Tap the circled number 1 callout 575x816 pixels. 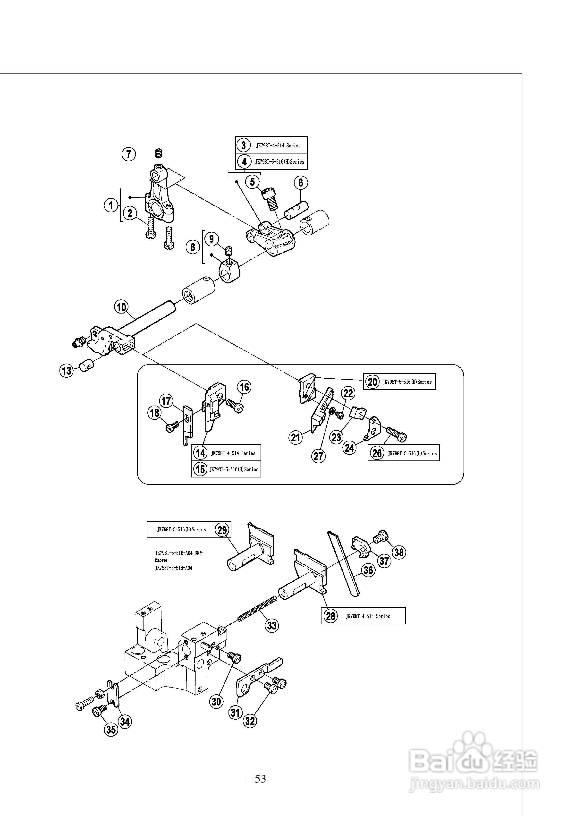point(111,205)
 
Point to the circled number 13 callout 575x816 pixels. point(67,371)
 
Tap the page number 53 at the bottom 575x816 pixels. point(261,779)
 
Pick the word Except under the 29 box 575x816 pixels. point(161,560)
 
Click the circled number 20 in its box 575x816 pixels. point(372,382)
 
